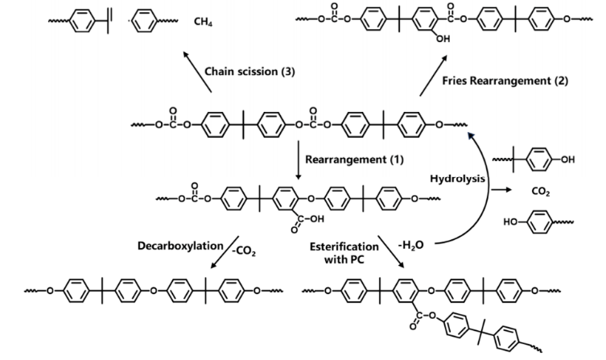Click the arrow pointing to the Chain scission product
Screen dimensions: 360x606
pyautogui.click(x=194, y=68)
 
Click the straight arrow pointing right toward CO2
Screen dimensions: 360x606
pyautogui.click(x=505, y=188)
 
